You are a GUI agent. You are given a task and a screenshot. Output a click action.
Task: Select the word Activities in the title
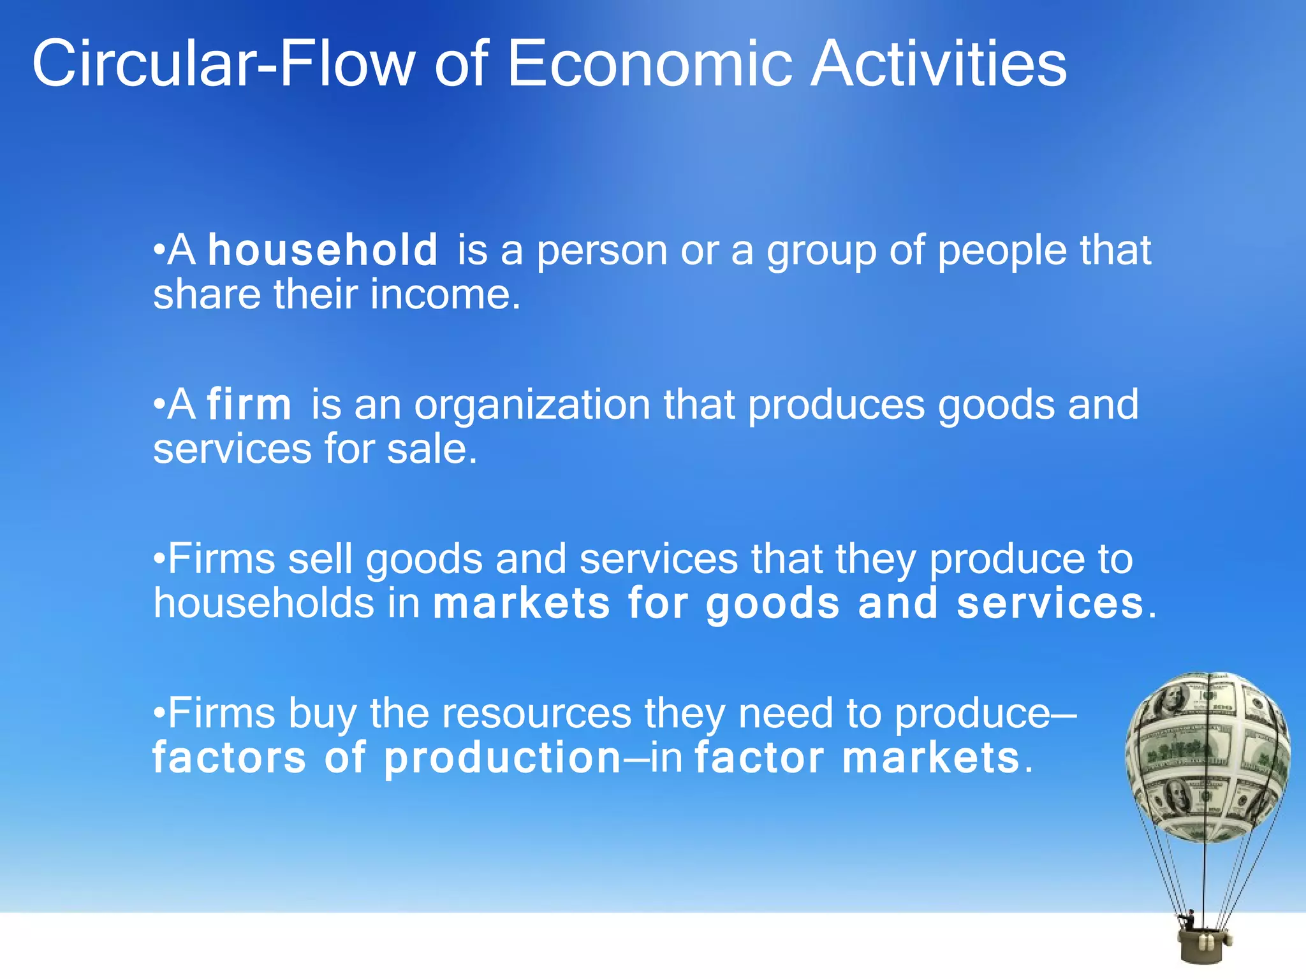tap(938, 64)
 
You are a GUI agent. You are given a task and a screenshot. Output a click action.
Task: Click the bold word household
tap(323, 250)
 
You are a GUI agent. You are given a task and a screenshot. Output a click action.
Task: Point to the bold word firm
tap(249, 405)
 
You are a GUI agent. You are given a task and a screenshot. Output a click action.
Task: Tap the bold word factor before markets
tap(759, 758)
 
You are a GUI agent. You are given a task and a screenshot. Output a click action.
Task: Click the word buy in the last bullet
tap(321, 714)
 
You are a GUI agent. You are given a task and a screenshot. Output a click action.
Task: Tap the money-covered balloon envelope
tap(1207, 755)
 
